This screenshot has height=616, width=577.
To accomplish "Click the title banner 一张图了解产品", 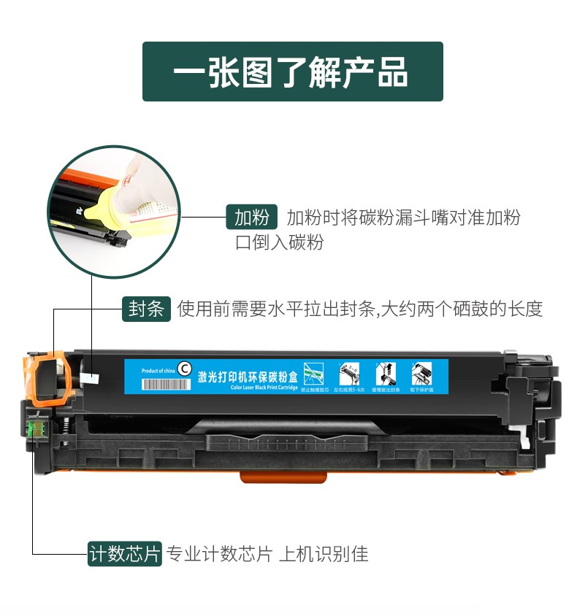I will pyautogui.click(x=292, y=72).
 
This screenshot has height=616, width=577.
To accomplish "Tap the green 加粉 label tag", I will pyautogui.click(x=251, y=217).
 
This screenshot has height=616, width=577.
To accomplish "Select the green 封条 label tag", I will pyautogui.click(x=146, y=309).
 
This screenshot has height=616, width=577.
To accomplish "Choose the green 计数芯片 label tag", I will pyautogui.click(x=124, y=554).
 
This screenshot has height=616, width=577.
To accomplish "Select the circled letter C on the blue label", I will pyautogui.click(x=185, y=369).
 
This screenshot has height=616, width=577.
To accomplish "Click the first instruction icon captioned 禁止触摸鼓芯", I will pyautogui.click(x=312, y=373).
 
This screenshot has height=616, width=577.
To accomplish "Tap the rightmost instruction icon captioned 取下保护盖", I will pyautogui.click(x=421, y=373).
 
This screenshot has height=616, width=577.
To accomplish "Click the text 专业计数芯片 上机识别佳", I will pyautogui.click(x=267, y=554).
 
